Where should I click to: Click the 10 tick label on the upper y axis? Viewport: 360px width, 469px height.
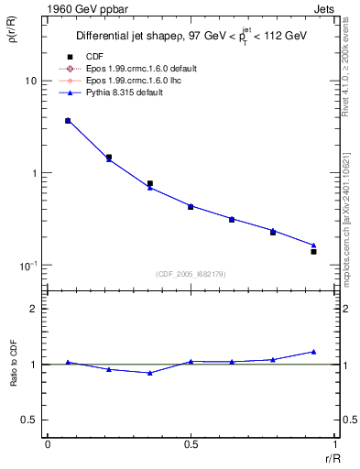tap(29, 81)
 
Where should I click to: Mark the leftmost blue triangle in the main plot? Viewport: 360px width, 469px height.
tap(68, 120)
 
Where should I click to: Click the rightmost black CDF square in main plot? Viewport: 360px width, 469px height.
tap(313, 251)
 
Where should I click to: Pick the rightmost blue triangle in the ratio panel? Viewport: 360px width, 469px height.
tap(313, 352)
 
